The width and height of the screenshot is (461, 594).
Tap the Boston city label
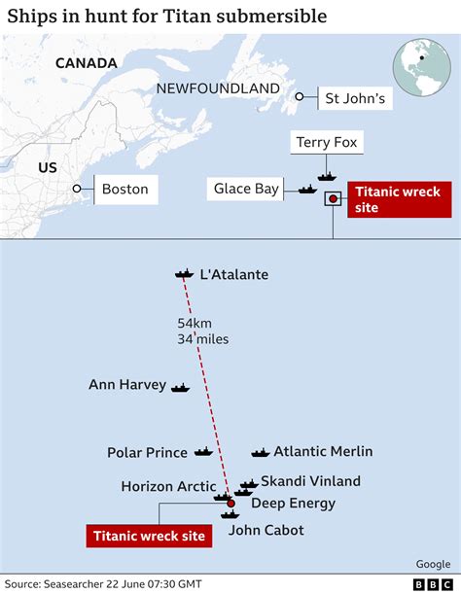tap(124, 189)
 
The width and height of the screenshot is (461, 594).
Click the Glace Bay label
tap(246, 189)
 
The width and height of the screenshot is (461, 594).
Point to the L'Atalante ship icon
tap(184, 275)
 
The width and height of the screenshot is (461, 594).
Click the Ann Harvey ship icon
tap(180, 387)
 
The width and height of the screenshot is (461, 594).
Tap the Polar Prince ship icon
tap(202, 452)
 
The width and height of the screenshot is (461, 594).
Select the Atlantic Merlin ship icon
tap(260, 452)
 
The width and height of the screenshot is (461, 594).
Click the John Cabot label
tap(266, 530)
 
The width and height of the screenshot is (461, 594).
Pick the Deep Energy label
tap(293, 503)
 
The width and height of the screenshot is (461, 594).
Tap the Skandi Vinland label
tap(310, 480)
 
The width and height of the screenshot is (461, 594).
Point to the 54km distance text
tap(195, 323)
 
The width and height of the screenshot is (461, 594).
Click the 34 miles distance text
tap(202, 338)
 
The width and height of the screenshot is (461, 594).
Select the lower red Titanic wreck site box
tap(150, 535)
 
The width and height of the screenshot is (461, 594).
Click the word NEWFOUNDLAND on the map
tap(218, 88)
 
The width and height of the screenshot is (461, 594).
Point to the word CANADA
tap(86, 63)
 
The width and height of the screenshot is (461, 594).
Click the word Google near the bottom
tap(433, 563)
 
